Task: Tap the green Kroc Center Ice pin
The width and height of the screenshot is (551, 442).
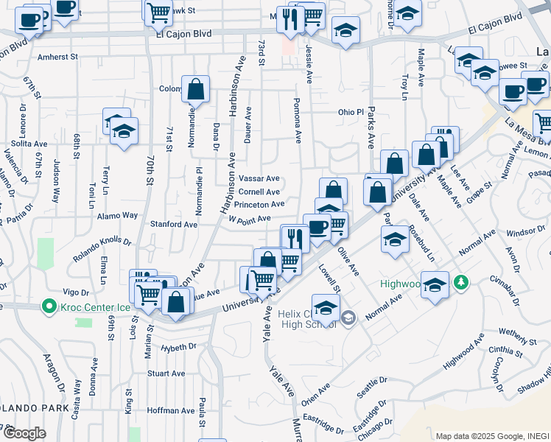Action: [49, 305]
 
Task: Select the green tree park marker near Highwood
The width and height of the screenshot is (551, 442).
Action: [461, 282]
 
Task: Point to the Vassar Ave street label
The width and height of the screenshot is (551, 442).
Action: [259, 178]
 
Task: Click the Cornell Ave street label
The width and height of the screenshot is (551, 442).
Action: [259, 192]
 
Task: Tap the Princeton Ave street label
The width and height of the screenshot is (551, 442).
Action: [259, 205]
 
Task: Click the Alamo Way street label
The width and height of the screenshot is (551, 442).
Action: [119, 216]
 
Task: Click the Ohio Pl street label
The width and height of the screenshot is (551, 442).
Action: [351, 113]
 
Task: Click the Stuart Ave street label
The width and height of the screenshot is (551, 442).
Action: [166, 373]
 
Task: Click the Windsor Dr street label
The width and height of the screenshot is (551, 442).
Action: [525, 231]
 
